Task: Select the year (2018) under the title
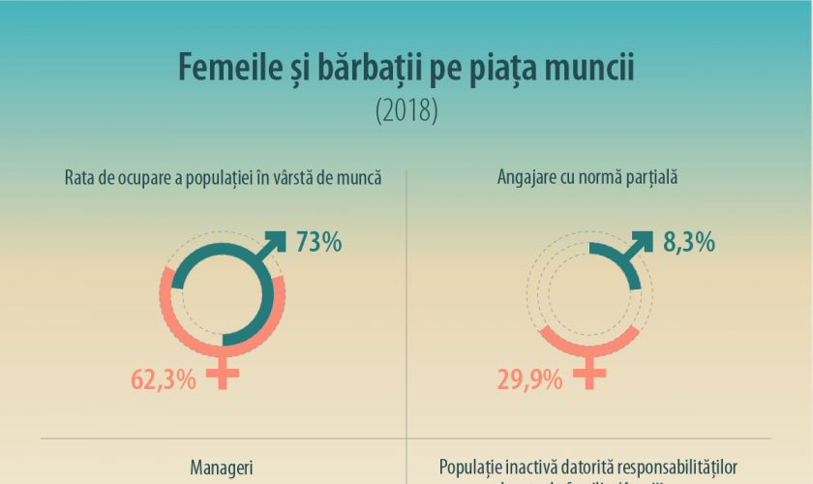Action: pyautogui.click(x=406, y=109)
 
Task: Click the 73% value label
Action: pyautogui.click(x=318, y=242)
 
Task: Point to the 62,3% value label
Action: pyautogui.click(x=164, y=378)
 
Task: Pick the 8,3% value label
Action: pyautogui.click(x=688, y=242)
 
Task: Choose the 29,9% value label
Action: pyautogui.click(x=530, y=378)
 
